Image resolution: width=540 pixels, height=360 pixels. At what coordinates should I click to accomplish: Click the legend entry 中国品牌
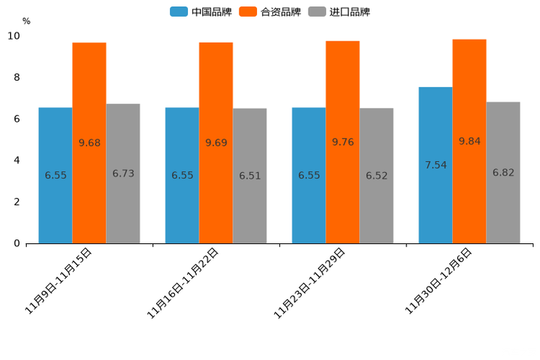[x=201, y=12]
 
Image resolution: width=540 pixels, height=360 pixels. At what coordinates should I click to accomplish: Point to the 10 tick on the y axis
[x=14, y=36]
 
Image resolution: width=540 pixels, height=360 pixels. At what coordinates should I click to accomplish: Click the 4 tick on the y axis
[x=17, y=160]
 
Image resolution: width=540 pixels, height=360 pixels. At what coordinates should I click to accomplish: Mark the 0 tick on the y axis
[x=17, y=243]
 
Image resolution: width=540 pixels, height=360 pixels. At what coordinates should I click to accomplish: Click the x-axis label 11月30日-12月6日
[x=438, y=280]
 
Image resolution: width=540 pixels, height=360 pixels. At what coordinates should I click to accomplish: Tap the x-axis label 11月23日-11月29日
[x=310, y=282]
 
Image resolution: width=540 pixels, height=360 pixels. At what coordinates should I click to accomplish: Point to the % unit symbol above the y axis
[x=26, y=21]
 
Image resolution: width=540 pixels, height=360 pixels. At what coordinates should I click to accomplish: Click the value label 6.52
[x=377, y=176]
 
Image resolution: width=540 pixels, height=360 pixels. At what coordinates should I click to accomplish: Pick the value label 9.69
[x=216, y=143]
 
